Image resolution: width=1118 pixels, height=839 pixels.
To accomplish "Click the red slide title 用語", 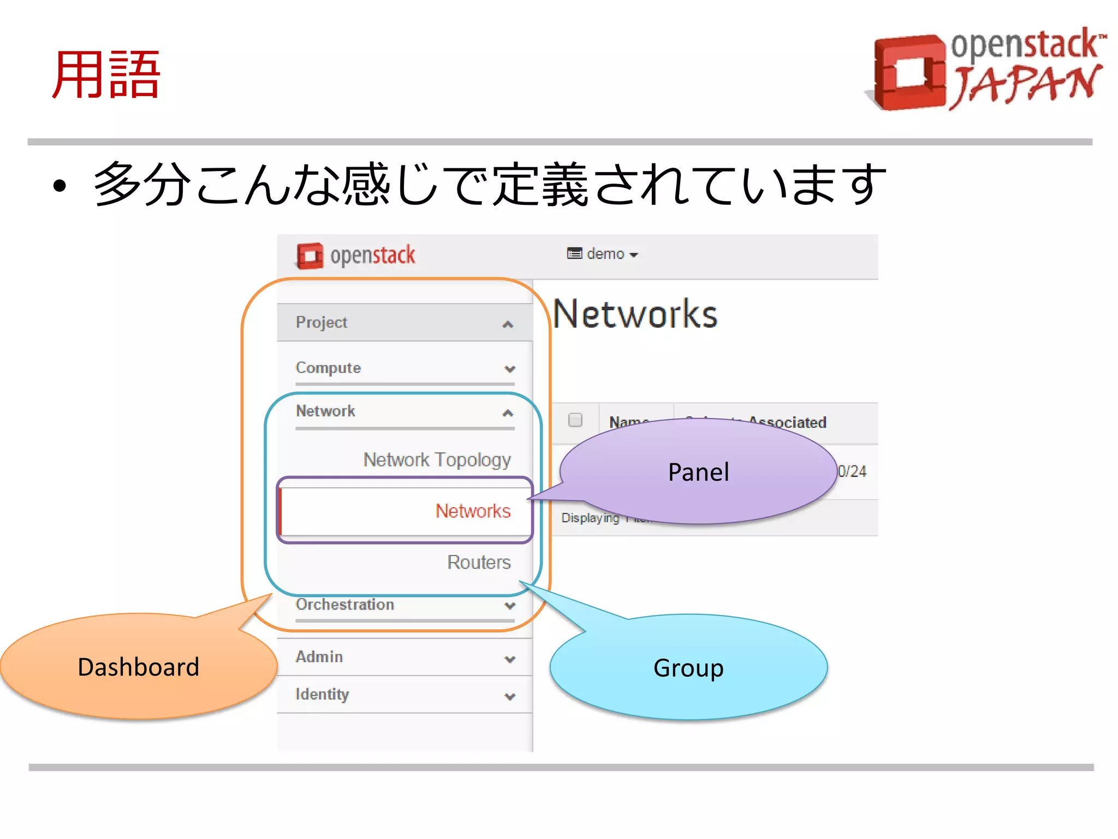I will click(106, 75).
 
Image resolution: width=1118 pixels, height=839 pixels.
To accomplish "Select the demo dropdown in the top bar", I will click(603, 254).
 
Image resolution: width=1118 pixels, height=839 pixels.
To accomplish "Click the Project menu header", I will click(322, 322).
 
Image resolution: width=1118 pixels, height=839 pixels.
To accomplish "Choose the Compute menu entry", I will click(328, 368).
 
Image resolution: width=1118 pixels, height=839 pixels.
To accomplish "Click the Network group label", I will click(325, 411).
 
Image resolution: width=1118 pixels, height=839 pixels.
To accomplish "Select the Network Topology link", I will click(437, 459).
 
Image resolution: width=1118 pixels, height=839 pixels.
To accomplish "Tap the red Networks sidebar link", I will click(473, 511).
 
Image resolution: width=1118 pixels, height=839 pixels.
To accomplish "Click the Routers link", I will click(479, 562).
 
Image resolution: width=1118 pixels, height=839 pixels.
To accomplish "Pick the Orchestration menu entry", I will click(345, 605).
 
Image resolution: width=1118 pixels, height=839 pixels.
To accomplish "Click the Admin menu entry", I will click(319, 657).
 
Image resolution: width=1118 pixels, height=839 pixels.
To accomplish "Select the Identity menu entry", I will click(322, 694).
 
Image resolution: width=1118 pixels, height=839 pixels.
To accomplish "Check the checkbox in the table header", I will click(575, 419).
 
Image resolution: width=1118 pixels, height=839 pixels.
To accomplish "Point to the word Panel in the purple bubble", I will click(698, 472).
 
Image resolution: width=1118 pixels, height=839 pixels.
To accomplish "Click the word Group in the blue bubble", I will click(688, 667).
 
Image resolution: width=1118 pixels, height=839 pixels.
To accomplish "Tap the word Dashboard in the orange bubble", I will click(139, 667).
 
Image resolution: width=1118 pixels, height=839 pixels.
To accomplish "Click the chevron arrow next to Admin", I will click(510, 659).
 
